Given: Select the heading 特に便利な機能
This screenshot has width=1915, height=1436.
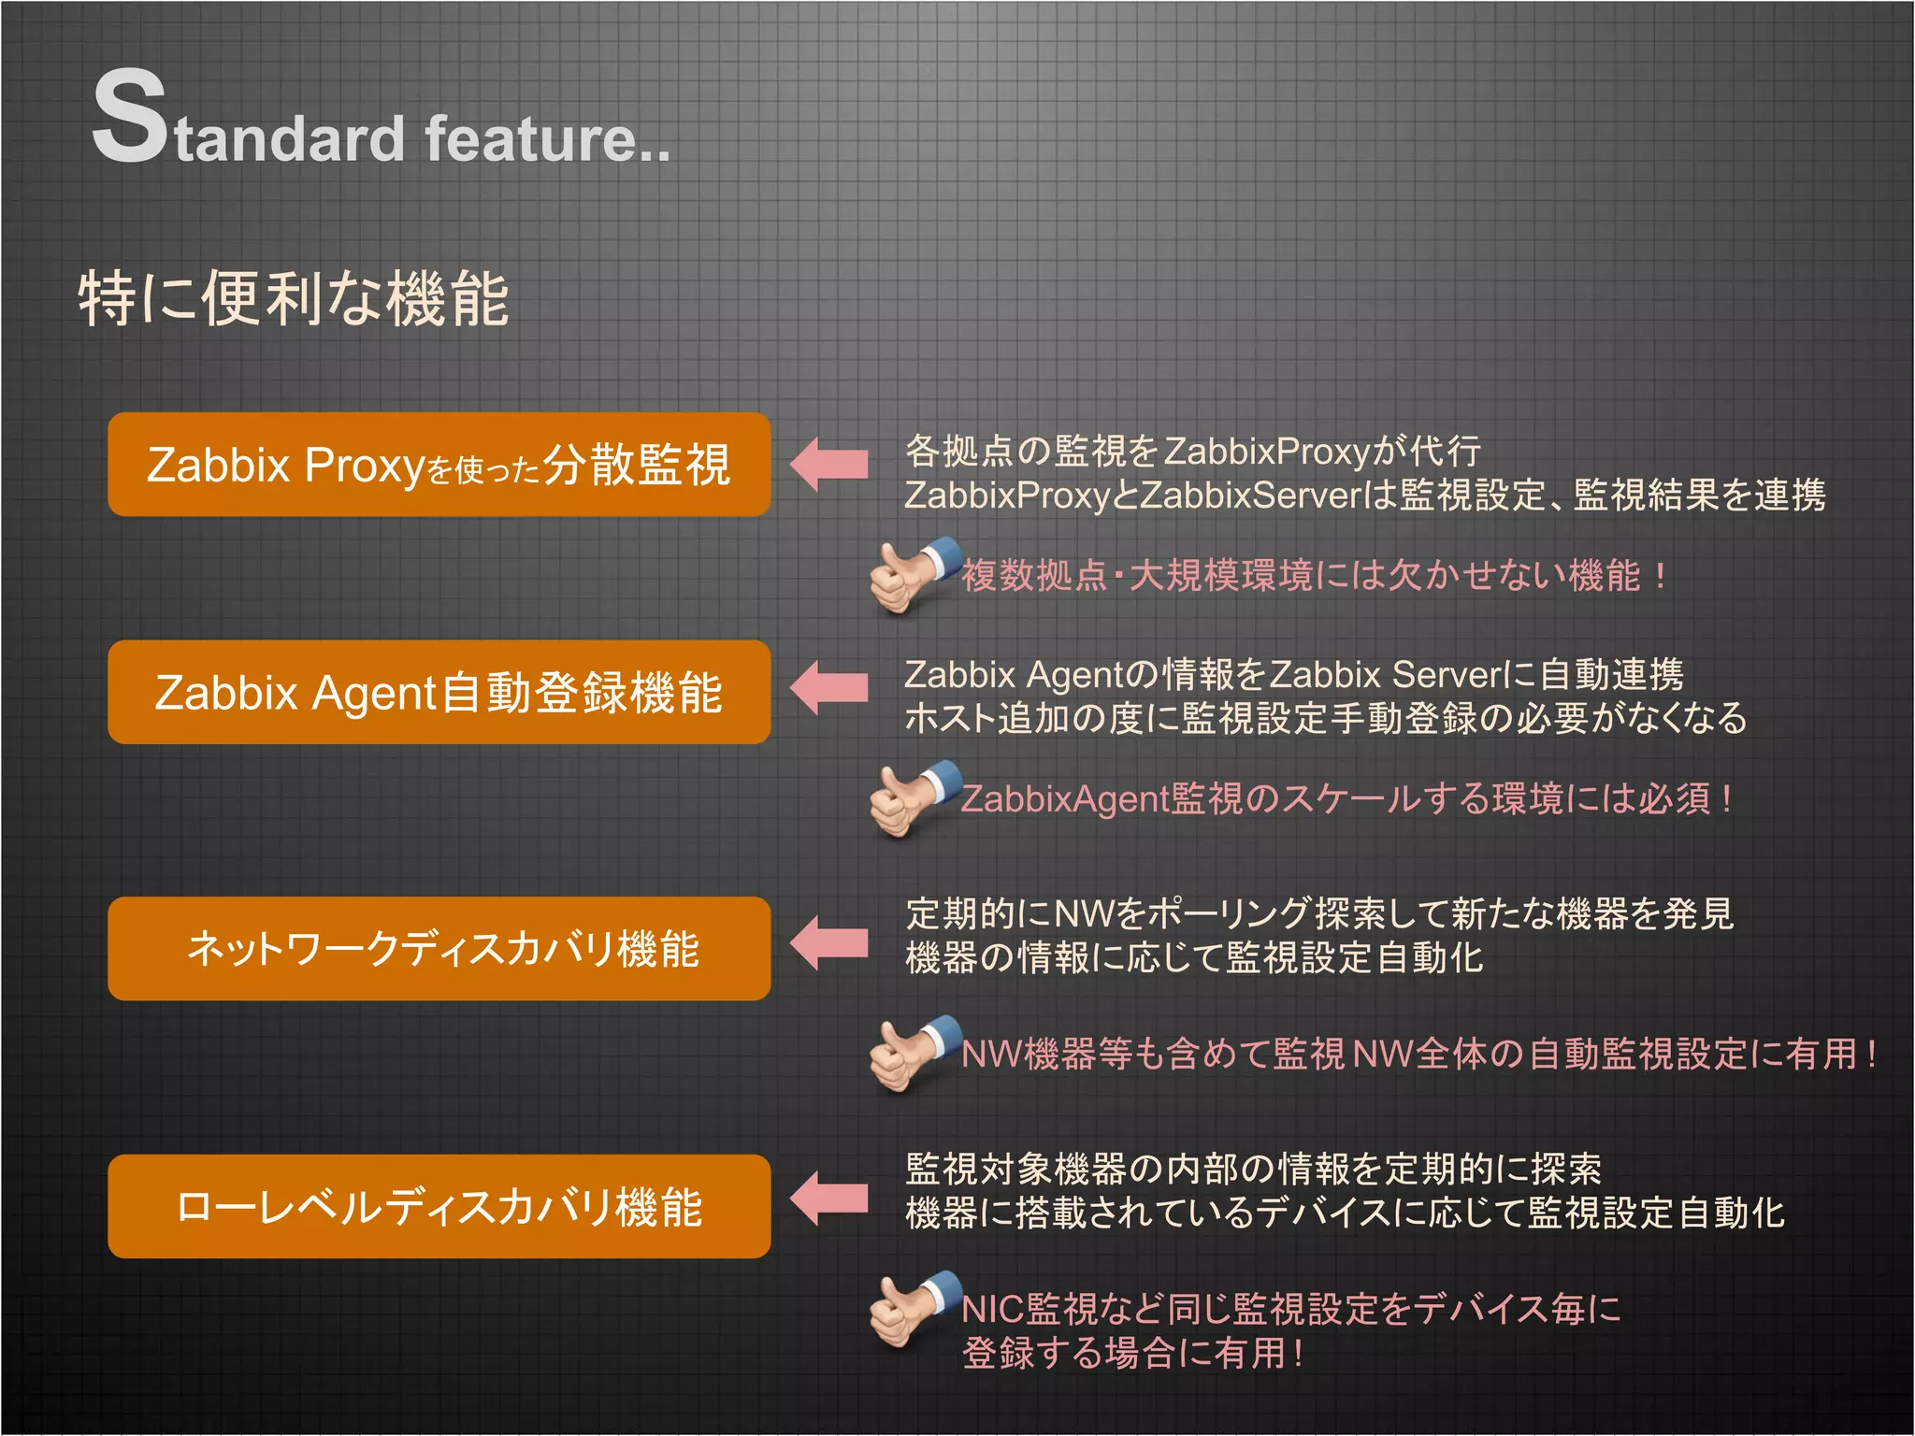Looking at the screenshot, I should (294, 299).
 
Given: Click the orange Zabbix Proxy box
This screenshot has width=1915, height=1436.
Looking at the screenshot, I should (439, 465).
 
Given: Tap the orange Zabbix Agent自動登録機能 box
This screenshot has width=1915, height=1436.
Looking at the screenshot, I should (439, 693).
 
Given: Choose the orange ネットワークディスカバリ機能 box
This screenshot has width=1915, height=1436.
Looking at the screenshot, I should (439, 949).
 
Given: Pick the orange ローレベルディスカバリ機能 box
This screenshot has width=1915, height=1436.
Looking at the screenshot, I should (439, 1207).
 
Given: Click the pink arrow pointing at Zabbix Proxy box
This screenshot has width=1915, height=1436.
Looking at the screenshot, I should (828, 464).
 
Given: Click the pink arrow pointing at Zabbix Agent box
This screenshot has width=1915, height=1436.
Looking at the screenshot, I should (828, 688).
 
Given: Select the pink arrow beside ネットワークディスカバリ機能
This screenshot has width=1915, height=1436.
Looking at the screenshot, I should (828, 943).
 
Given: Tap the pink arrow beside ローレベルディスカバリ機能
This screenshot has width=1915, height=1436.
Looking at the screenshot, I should (828, 1199).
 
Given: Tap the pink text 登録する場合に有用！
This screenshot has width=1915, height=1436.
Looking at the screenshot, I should (1132, 1353).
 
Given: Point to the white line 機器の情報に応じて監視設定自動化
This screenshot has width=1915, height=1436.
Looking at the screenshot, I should (1193, 958).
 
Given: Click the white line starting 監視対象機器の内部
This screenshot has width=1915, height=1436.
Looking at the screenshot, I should (1253, 1170).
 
